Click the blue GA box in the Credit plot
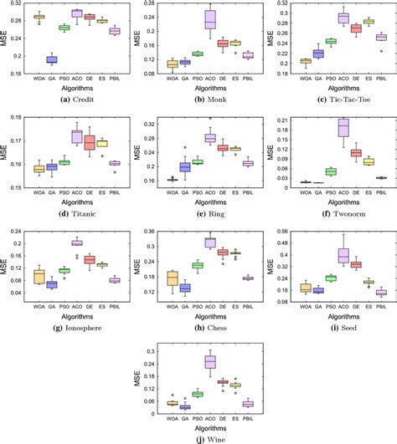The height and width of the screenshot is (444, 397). click(x=52, y=59)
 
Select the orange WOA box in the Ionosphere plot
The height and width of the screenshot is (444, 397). click(x=39, y=276)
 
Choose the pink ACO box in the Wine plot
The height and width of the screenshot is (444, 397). click(x=210, y=361)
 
